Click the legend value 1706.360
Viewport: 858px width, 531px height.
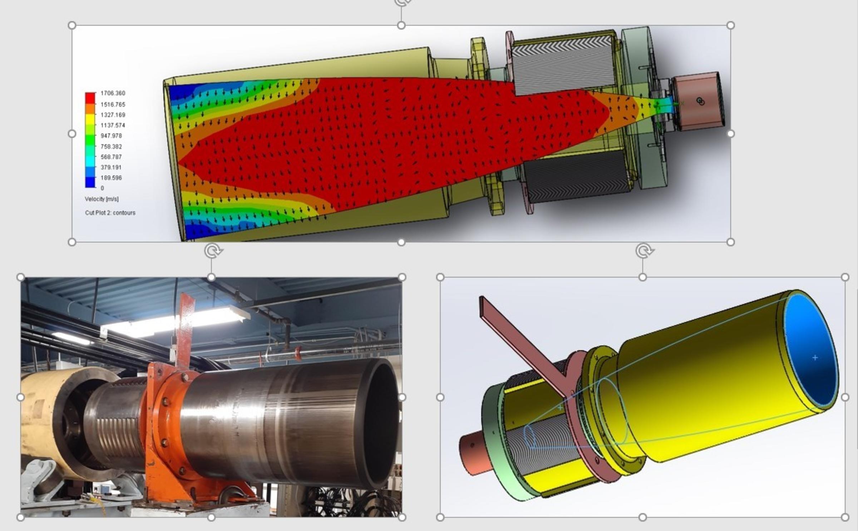tap(113, 93)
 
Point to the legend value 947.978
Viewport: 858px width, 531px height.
tap(111, 136)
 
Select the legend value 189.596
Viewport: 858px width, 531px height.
tap(111, 178)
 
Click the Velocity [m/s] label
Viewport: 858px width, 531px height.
tap(102, 199)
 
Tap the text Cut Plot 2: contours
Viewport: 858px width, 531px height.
tap(110, 213)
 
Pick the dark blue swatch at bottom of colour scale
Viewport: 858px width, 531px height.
tap(90, 183)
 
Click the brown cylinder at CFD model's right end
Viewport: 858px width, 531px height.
tap(697, 102)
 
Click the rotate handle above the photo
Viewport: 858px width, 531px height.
tap(213, 251)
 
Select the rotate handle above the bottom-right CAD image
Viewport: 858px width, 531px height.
tap(644, 251)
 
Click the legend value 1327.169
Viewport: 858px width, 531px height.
tap(113, 115)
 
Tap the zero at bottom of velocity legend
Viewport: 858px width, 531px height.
tap(102, 188)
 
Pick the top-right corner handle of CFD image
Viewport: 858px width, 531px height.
tap(731, 25)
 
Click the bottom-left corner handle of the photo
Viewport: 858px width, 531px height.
tap(21, 517)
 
